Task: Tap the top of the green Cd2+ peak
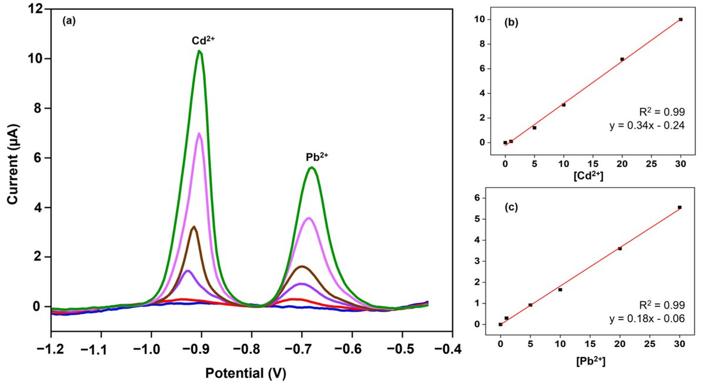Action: tap(200, 51)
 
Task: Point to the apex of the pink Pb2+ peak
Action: tap(308, 218)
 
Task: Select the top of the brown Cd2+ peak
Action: tap(194, 226)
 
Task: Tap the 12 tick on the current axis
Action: tap(37, 9)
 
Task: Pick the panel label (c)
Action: tap(509, 206)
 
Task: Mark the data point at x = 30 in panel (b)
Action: tap(680, 19)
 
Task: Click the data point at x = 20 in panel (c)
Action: tap(620, 248)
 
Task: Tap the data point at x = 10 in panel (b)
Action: tap(564, 105)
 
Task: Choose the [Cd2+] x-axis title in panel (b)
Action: tap(591, 176)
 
